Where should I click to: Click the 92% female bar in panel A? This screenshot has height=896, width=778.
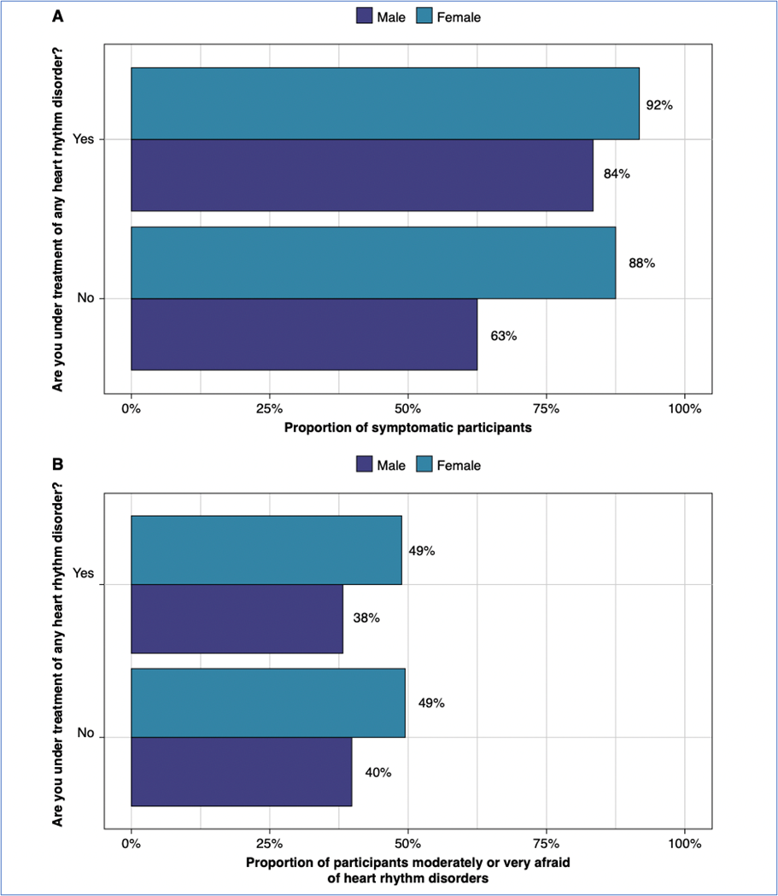(384, 102)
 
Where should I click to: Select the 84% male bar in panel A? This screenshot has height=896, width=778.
(361, 174)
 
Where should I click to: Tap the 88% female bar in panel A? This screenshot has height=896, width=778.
(372, 262)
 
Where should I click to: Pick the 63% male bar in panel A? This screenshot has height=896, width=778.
(303, 334)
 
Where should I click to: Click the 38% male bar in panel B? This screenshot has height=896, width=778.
(237, 618)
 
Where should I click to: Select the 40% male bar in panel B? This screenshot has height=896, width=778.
(241, 771)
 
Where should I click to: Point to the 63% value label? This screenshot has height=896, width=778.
(504, 336)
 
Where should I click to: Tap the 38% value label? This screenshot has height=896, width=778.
(366, 618)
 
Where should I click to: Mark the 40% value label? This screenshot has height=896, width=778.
(378, 772)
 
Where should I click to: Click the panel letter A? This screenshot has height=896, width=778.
(58, 15)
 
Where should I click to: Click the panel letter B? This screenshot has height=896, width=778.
(58, 465)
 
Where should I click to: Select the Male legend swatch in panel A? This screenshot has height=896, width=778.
(365, 16)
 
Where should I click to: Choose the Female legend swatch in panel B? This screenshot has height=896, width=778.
(424, 466)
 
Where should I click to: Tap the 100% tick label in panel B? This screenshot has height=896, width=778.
(685, 844)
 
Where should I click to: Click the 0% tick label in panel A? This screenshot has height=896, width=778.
(131, 409)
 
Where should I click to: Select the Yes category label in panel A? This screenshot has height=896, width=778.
(83, 139)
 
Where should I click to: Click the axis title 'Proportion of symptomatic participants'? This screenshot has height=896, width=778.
(407, 428)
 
